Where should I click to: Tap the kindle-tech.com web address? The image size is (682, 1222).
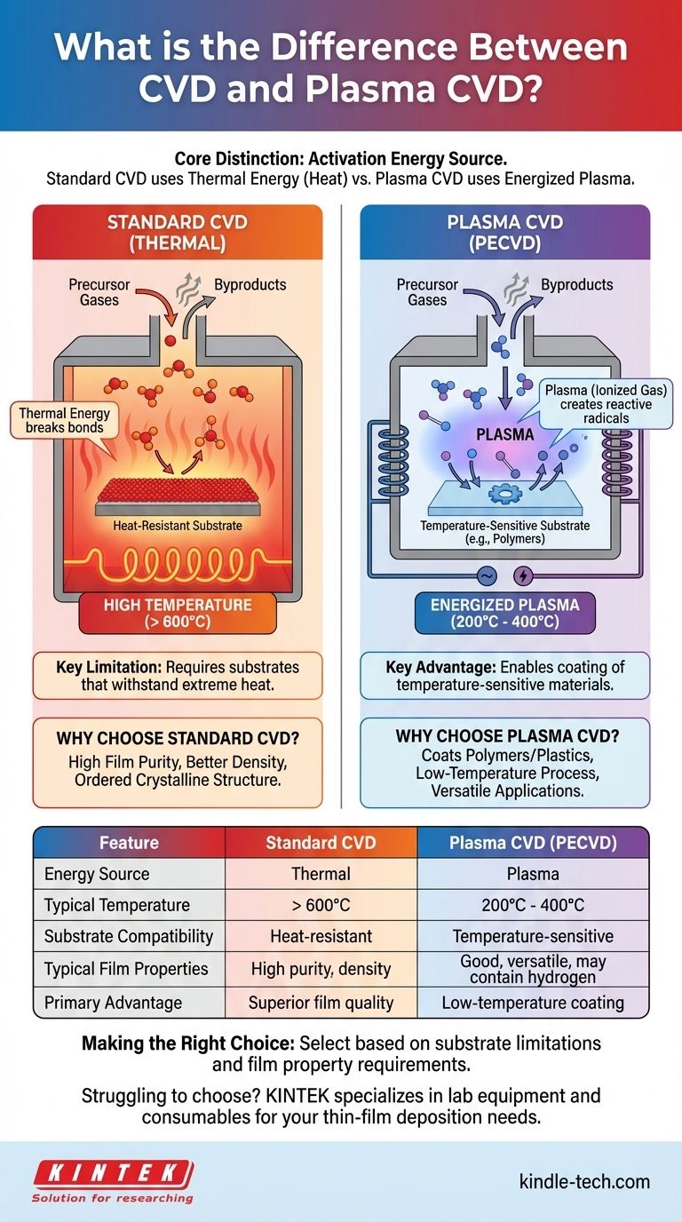click(x=583, y=1181)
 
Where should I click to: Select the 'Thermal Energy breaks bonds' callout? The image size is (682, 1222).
click(x=65, y=420)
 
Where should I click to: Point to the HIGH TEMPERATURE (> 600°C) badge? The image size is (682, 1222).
click(x=178, y=613)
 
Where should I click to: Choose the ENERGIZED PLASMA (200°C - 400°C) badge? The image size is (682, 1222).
click(x=505, y=613)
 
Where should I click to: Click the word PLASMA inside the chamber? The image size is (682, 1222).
click(x=504, y=435)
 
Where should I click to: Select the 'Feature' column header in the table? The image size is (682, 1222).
click(x=129, y=842)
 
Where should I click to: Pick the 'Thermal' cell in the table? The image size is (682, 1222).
click(x=321, y=874)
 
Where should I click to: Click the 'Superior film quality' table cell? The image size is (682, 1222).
click(x=321, y=1003)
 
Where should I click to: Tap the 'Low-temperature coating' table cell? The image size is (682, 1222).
click(x=533, y=1003)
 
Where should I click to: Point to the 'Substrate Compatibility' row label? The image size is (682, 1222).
click(x=129, y=936)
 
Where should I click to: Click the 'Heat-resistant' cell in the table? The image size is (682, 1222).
click(x=321, y=936)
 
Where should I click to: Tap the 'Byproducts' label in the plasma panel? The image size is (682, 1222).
click(x=577, y=285)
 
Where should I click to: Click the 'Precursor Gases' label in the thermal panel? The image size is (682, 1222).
click(x=99, y=292)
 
